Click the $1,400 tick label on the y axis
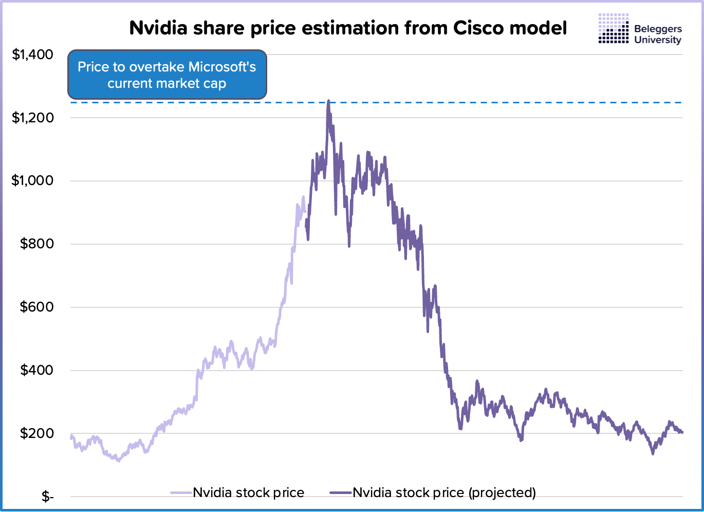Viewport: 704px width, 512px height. click(x=32, y=54)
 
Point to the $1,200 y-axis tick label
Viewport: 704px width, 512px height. click(x=32, y=118)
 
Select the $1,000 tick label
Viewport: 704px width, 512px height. click(x=32, y=180)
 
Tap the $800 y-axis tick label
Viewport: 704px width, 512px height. click(x=36, y=244)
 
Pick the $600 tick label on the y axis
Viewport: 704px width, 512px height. click(x=36, y=307)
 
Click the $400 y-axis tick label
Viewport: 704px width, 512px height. click(x=36, y=370)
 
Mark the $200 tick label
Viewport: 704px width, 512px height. click(x=36, y=433)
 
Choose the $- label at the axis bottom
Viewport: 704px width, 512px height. click(x=47, y=497)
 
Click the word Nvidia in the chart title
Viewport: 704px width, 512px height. click(x=158, y=28)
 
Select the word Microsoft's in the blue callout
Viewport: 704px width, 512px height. click(x=222, y=67)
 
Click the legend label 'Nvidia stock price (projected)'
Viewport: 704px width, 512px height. click(x=444, y=492)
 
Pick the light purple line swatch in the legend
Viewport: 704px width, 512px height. click(x=181, y=493)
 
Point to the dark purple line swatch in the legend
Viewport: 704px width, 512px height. click(x=341, y=493)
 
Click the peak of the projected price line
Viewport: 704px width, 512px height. click(x=328, y=101)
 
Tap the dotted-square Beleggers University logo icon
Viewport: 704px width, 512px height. click(x=614, y=29)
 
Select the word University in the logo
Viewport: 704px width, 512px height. click(x=658, y=40)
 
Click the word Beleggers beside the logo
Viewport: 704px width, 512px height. click(x=658, y=29)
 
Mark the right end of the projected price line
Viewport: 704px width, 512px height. click(x=682, y=432)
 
